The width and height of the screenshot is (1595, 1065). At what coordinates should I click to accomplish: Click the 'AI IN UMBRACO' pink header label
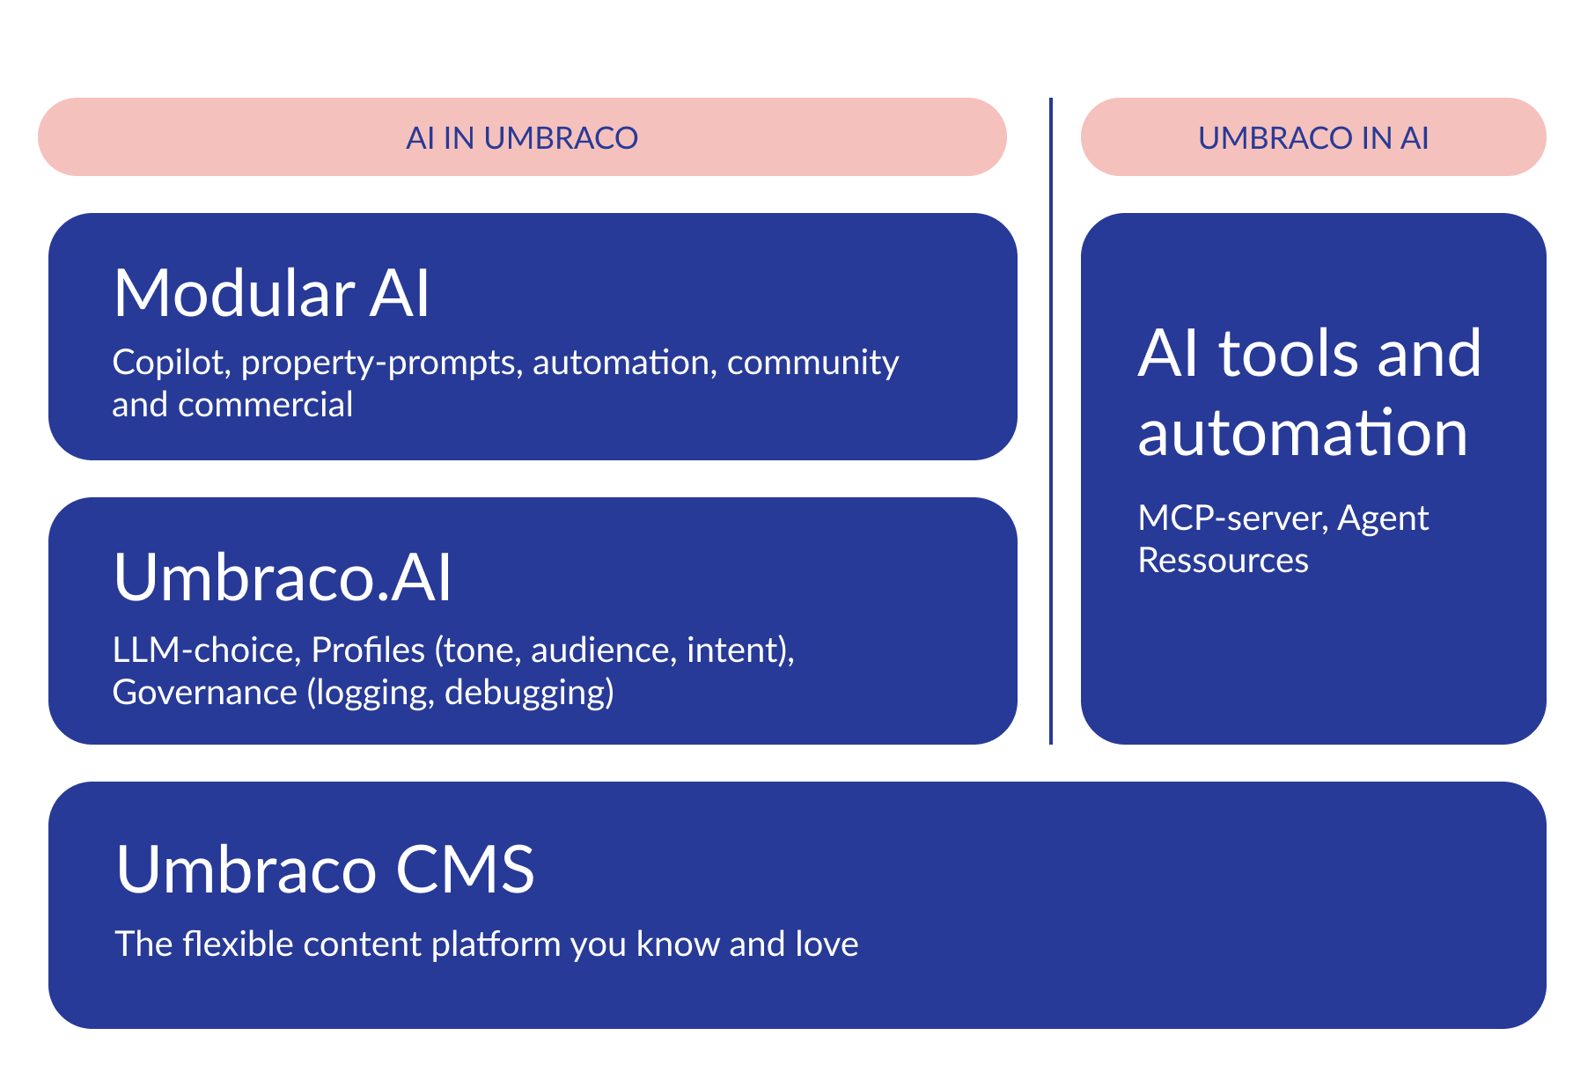(x=522, y=138)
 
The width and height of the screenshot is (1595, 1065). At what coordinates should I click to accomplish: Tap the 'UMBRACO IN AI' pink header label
(x=1312, y=138)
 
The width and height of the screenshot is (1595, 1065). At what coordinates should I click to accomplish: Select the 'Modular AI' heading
(x=272, y=293)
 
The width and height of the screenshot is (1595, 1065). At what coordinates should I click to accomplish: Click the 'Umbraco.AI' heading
(x=283, y=577)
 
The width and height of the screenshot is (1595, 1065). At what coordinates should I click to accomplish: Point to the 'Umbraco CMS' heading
(x=325, y=870)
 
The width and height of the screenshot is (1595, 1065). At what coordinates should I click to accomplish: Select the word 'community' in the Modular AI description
(x=812, y=363)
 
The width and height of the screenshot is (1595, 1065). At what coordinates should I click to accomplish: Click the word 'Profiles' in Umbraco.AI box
(x=368, y=650)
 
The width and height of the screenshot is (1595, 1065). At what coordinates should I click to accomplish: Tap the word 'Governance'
(x=204, y=693)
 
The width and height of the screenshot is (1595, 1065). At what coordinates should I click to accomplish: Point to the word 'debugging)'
(x=529, y=693)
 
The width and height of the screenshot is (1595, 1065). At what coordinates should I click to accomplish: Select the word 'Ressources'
(x=1223, y=561)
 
